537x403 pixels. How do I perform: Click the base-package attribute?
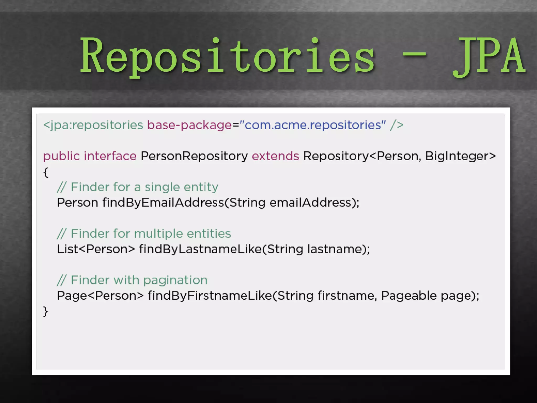(189, 125)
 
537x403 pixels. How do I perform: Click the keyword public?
(61, 156)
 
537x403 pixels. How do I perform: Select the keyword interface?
(110, 156)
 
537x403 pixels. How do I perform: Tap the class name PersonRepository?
(194, 156)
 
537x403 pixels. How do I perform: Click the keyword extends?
(275, 156)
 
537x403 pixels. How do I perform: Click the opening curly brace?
(46, 172)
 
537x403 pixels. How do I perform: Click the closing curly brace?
(46, 311)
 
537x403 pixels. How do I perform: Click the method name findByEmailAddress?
(163, 203)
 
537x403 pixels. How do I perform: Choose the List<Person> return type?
(96, 249)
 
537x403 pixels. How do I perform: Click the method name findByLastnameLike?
(200, 249)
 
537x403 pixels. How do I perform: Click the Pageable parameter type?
(409, 296)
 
